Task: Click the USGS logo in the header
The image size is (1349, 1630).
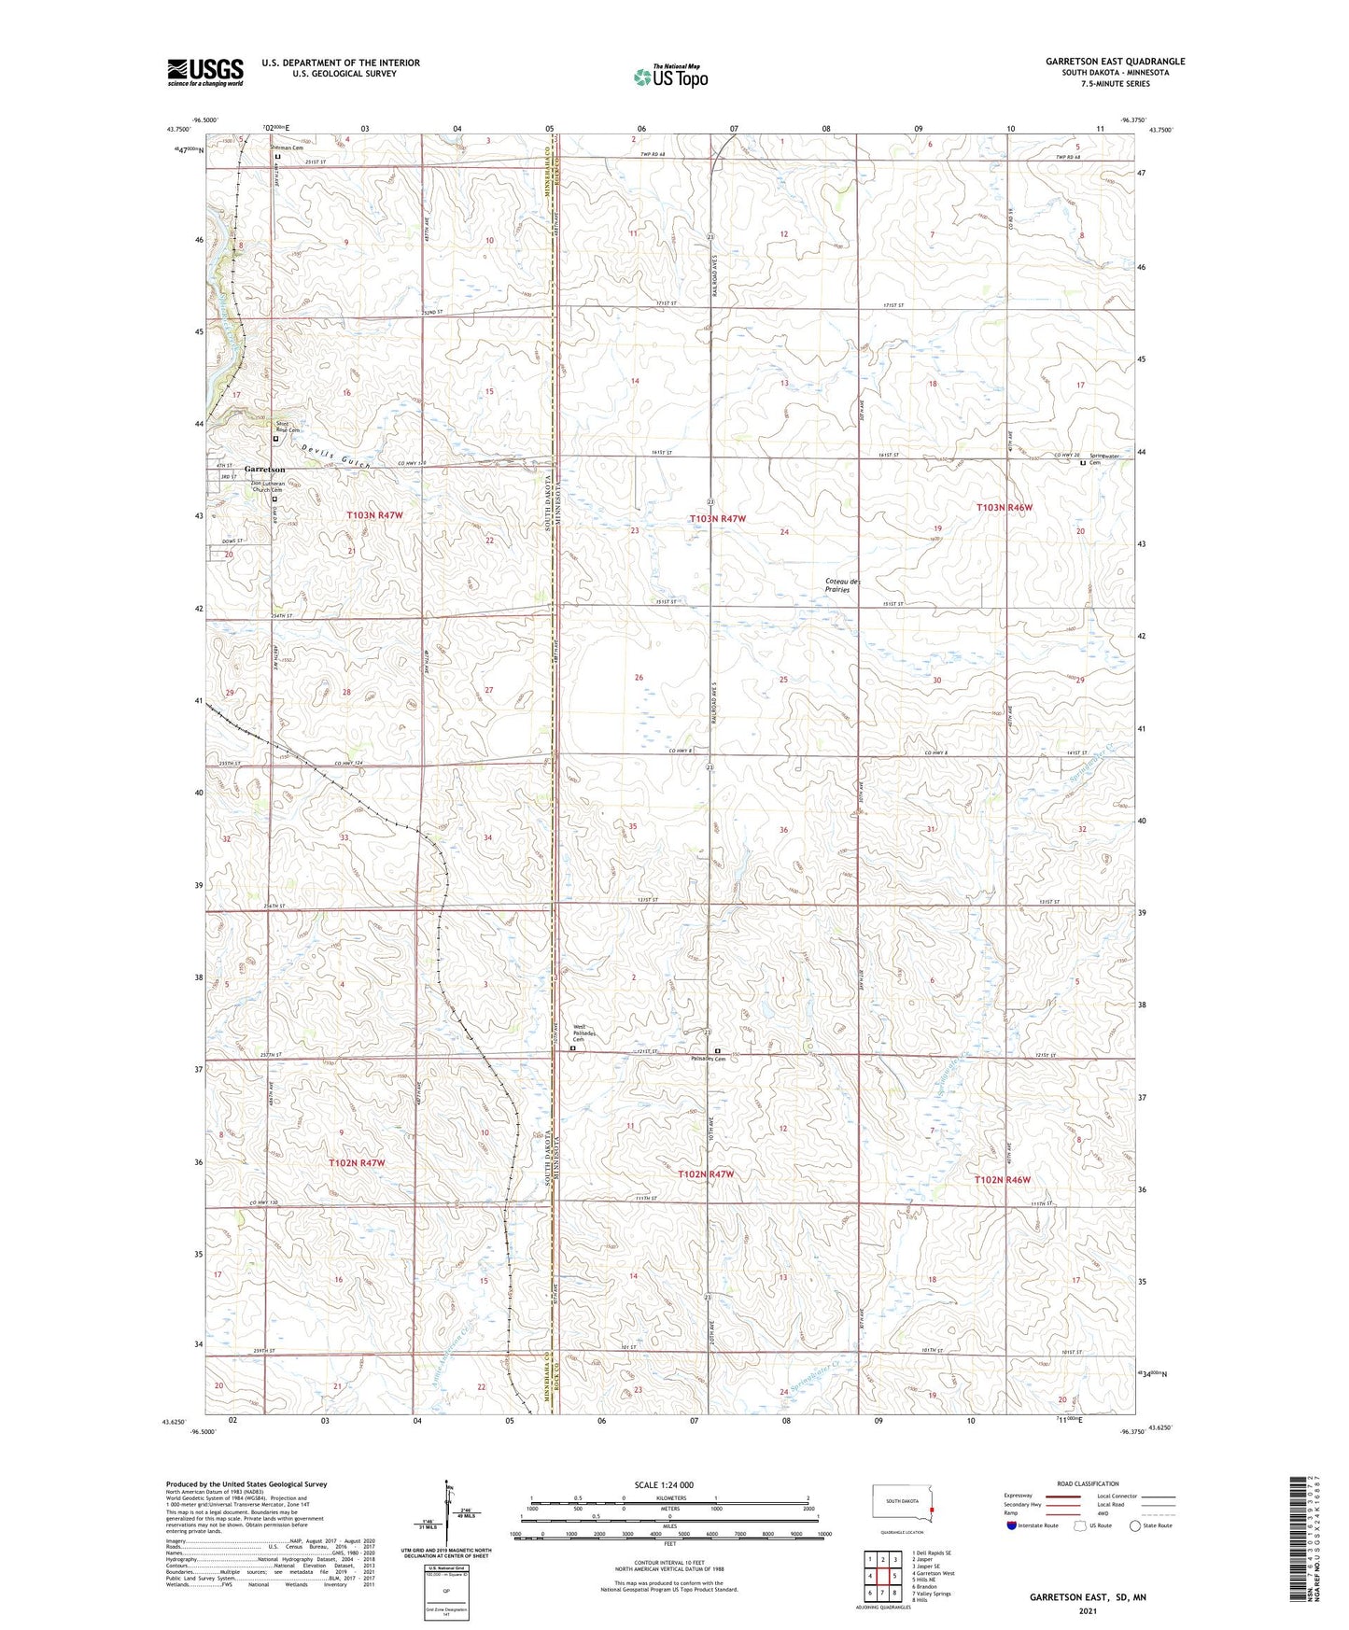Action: point(205,72)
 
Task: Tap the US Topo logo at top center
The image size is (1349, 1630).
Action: point(669,77)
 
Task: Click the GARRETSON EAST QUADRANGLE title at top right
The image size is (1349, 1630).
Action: point(1115,62)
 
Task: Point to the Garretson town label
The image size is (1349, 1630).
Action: point(265,470)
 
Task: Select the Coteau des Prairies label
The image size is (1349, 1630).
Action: point(843,585)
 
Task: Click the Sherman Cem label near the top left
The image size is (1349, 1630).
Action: point(287,148)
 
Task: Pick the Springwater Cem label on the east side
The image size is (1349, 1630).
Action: point(1102,458)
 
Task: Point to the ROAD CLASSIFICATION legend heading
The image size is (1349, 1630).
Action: point(1089,1483)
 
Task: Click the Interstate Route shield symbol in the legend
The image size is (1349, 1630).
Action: point(1012,1525)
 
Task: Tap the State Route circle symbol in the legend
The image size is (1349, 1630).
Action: point(1134,1525)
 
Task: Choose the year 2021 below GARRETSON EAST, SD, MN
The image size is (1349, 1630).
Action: point(1088,1610)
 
